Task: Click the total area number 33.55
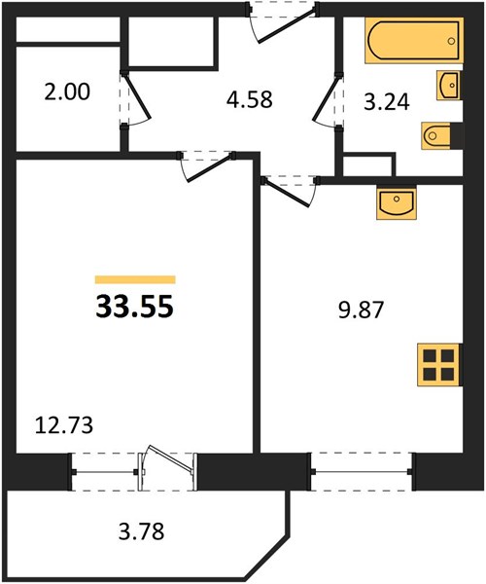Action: [x=134, y=307]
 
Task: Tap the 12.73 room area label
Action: [x=63, y=425]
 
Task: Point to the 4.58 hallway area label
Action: [x=250, y=100]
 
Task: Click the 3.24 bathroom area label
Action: [x=387, y=102]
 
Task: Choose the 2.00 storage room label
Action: [x=67, y=92]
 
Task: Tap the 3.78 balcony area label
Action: [x=141, y=531]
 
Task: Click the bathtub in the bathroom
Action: [x=414, y=40]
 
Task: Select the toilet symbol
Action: [x=438, y=136]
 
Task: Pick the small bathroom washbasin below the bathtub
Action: [x=449, y=85]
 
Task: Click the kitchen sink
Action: [x=396, y=203]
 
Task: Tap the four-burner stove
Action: [x=439, y=365]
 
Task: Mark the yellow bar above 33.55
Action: [x=135, y=279]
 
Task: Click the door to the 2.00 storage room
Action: [x=136, y=98]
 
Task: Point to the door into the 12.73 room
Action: [x=206, y=166]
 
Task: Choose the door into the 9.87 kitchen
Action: [x=290, y=191]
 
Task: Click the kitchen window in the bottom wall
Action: [x=361, y=471]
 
